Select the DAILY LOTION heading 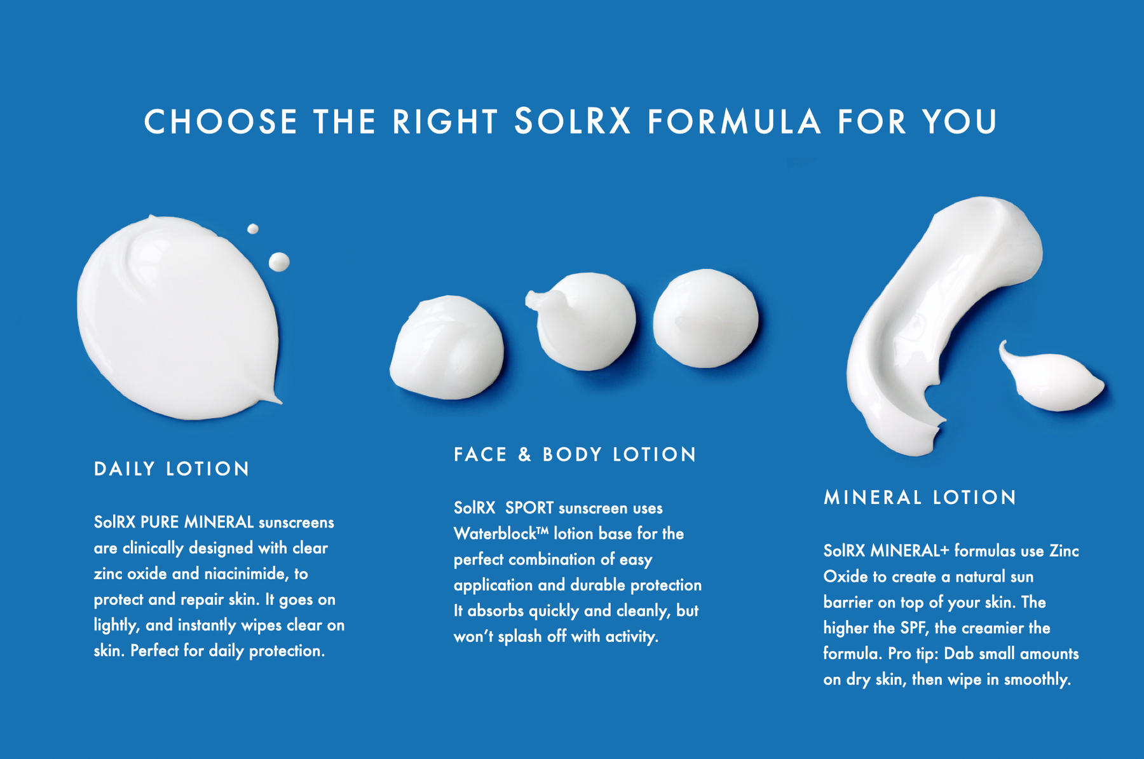pyautogui.click(x=172, y=469)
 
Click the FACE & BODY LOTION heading pyautogui.click(x=575, y=455)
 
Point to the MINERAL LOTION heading pyautogui.click(x=920, y=497)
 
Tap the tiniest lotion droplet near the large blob pyautogui.click(x=253, y=229)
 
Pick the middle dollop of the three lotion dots pyautogui.click(x=585, y=321)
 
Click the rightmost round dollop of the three pyautogui.click(x=705, y=318)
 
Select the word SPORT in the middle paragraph pyautogui.click(x=529, y=508)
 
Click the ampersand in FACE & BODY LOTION pyautogui.click(x=524, y=455)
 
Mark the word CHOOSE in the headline pyautogui.click(x=221, y=121)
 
